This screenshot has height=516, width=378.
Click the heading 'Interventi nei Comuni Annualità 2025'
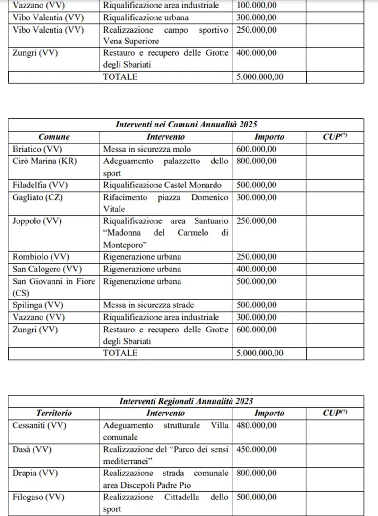click(186, 125)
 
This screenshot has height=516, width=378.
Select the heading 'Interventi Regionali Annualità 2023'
click(186, 401)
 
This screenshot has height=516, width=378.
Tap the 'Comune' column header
click(54, 137)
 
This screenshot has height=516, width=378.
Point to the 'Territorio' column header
click(54, 413)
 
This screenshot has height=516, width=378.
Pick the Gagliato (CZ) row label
click(37, 197)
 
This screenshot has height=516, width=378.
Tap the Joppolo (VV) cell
click(37, 221)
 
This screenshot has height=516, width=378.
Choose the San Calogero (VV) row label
click(47, 269)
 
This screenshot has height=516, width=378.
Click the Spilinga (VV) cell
click(38, 305)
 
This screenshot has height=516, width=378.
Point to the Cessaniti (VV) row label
click(39, 425)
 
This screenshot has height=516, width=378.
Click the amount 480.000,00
click(256, 425)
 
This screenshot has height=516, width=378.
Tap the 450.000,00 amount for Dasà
click(256, 449)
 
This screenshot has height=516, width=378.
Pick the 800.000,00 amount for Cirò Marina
click(256, 161)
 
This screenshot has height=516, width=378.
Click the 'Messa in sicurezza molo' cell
click(147, 149)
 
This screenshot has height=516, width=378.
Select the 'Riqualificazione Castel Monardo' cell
click(162, 185)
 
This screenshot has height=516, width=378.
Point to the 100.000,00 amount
click(256, 6)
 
